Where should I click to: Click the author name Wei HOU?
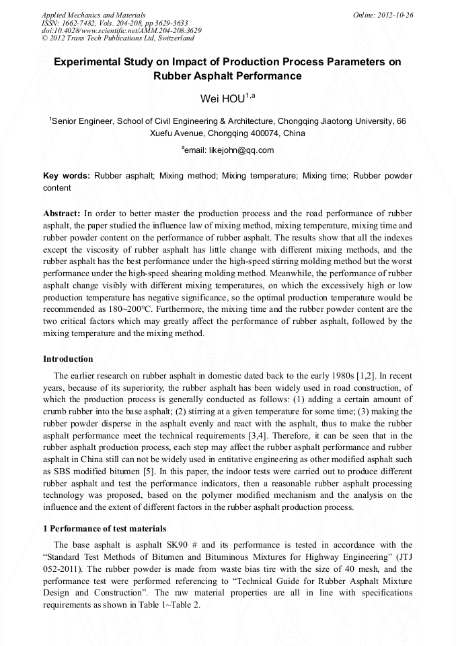(x=223, y=99)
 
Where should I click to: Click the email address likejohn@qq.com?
(x=231, y=150)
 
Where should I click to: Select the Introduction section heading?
(x=68, y=359)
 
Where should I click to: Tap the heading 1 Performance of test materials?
(x=104, y=528)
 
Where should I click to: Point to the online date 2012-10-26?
(x=396, y=14)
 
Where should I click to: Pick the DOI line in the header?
(x=121, y=30)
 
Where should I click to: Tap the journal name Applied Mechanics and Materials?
(x=93, y=14)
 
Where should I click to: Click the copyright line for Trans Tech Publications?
(x=118, y=38)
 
